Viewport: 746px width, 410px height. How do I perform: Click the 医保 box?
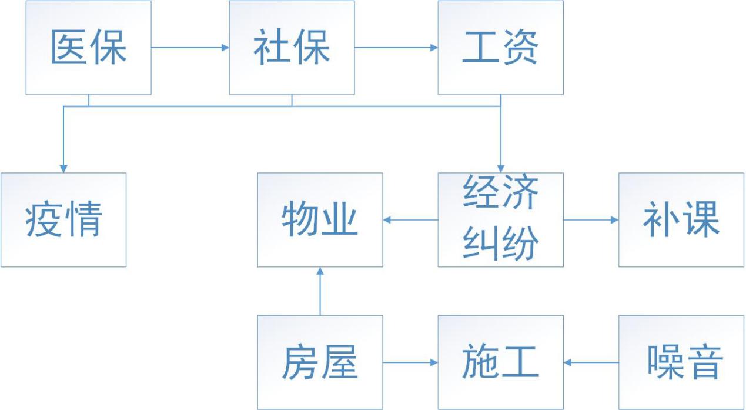tap(88, 47)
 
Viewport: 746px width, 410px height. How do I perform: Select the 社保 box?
tap(292, 47)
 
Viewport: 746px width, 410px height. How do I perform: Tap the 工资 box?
tap(500, 47)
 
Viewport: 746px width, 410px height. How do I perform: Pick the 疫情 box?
tap(63, 219)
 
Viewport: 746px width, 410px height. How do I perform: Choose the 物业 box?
tap(320, 219)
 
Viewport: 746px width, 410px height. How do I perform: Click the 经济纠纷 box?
tap(500, 219)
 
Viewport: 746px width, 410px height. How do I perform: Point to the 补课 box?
tap(681, 219)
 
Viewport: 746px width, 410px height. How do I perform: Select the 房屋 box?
tap(320, 362)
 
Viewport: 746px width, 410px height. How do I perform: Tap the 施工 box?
tap(500, 362)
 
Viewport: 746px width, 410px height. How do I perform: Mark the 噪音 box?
tap(681, 362)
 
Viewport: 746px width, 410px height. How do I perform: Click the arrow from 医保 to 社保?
tap(190, 47)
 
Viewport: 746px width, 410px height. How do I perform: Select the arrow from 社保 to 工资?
tap(396, 47)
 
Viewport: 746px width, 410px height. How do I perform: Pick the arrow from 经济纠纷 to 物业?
tap(410, 220)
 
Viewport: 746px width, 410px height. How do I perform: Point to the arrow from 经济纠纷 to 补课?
tap(591, 220)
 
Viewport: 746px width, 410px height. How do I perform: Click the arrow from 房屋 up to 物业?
tap(320, 291)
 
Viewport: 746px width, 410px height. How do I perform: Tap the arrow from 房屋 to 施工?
tap(410, 362)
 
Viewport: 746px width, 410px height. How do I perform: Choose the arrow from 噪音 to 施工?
tap(591, 362)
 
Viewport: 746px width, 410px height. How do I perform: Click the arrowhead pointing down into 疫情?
tap(63, 168)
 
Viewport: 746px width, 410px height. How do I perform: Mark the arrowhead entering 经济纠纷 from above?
tap(500, 168)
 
